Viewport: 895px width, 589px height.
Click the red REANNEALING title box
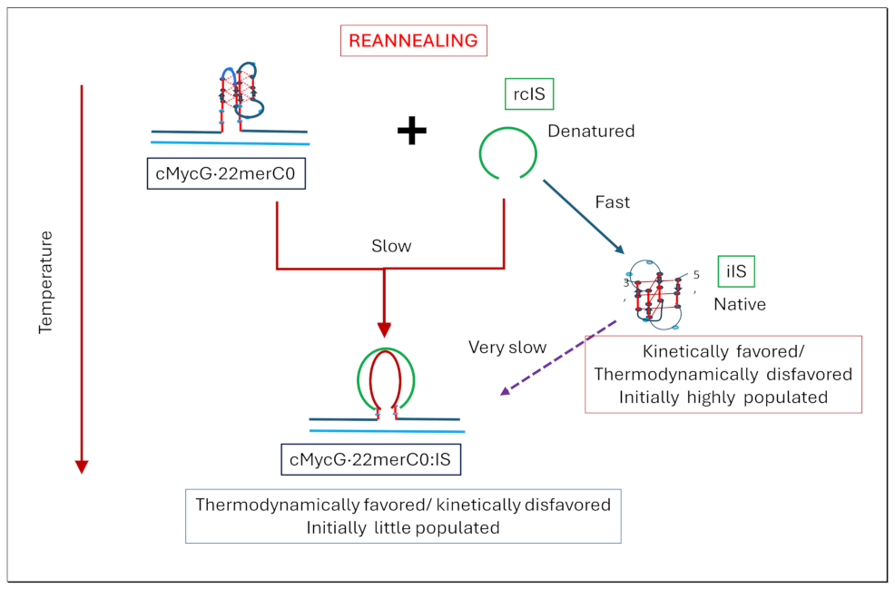413,41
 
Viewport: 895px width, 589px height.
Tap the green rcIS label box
528,93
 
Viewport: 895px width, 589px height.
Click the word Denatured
591,132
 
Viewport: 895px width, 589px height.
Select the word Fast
613,202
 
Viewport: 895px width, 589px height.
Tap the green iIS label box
736,270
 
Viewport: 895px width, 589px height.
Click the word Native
739,304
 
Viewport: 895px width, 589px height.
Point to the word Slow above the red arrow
391,246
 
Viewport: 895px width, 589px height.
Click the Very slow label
507,347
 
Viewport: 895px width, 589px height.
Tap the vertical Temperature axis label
46,282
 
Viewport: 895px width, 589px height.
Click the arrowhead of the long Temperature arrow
82,466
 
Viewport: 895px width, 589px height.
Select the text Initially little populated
403,527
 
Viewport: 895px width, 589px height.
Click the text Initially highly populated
723,397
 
